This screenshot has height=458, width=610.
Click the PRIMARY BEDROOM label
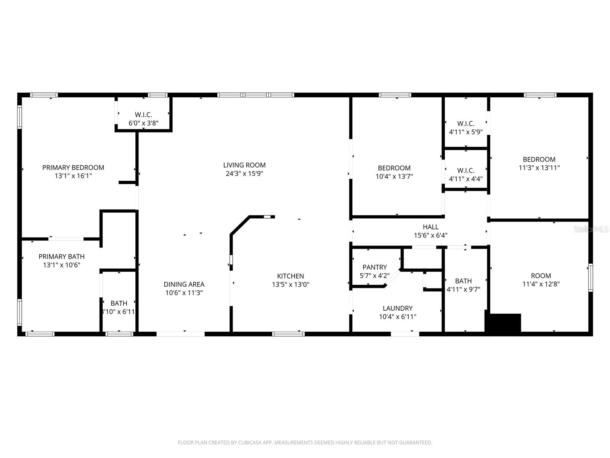[73, 168]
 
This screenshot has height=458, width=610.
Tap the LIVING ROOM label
[244, 165]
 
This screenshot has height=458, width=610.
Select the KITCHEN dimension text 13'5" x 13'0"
[291, 284]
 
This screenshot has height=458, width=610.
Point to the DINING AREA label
[184, 284]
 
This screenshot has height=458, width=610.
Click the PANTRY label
[375, 267]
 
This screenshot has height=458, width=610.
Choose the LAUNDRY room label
[397, 308]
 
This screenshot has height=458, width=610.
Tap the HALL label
[430, 227]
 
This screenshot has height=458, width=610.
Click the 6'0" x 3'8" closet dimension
[143, 123]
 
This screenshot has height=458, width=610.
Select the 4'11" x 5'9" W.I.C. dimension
[466, 132]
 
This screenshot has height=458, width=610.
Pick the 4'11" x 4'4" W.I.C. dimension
[466, 179]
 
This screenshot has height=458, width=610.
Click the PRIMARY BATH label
[61, 256]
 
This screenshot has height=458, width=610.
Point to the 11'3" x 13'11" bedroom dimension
[539, 168]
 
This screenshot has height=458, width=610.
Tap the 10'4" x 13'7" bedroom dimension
[394, 176]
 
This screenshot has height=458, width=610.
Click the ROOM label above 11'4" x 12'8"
[541, 276]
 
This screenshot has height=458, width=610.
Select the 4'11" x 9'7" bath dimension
[463, 289]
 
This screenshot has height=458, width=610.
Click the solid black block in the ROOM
[503, 323]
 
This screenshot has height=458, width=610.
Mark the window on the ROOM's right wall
[590, 277]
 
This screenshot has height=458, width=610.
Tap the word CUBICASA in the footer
[250, 442]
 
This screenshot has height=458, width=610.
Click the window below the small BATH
[119, 334]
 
